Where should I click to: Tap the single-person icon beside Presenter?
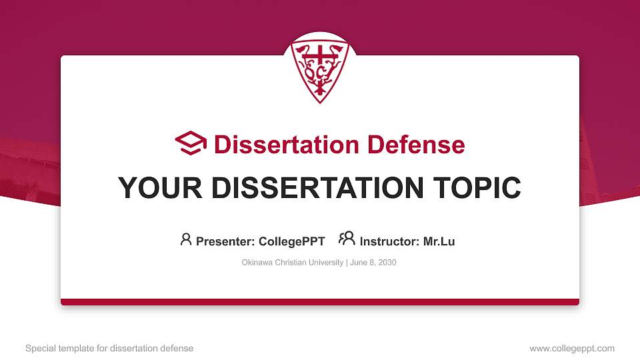[x=186, y=239]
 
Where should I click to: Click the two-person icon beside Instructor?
[x=347, y=239]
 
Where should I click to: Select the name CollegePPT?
[x=291, y=241]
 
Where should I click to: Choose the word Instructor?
[x=390, y=241]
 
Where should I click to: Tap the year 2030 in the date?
[x=387, y=263]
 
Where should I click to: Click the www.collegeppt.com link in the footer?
[x=572, y=348]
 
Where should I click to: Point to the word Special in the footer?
[x=40, y=348]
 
